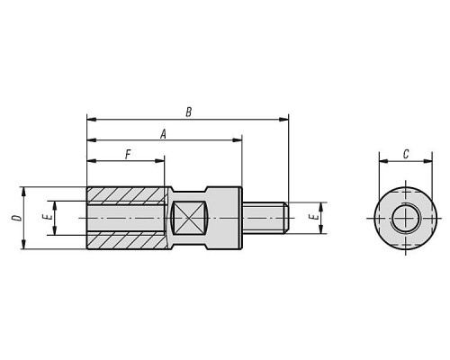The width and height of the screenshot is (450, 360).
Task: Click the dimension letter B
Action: pos(188,112)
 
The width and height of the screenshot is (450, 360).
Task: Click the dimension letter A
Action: pos(163,134)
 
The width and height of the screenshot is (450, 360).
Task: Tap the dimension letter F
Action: pos(128,155)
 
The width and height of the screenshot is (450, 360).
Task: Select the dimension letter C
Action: pos(406,155)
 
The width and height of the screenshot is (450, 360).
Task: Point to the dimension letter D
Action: pos(18,218)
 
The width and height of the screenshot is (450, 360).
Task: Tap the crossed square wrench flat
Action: pos(188,218)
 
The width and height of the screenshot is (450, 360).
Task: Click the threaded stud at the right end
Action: pos(265,218)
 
